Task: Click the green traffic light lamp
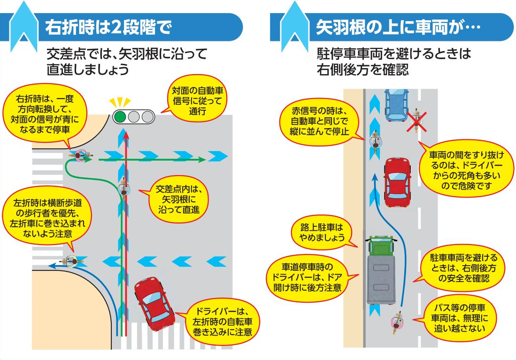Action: pyautogui.click(x=121, y=116)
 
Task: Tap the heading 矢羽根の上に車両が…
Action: pyautogui.click(x=398, y=27)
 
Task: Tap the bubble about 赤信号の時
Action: pyautogui.click(x=319, y=121)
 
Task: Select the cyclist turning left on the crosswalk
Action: pyautogui.click(x=72, y=259)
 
